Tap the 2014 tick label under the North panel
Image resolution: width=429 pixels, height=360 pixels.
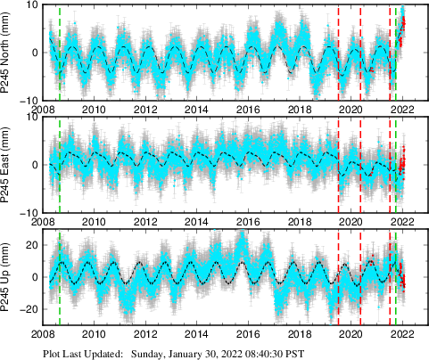197,110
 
